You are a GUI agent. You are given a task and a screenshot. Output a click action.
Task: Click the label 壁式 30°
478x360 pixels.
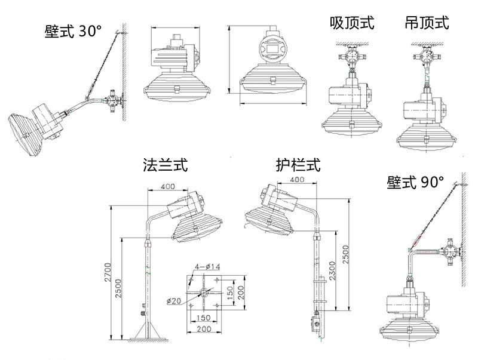coord(73,32)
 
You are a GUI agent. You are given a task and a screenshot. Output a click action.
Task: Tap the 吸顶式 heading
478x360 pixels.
coord(352,23)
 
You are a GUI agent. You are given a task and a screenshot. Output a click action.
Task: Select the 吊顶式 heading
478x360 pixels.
coord(427,23)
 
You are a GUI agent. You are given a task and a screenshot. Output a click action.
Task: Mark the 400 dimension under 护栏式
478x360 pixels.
coord(297,180)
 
